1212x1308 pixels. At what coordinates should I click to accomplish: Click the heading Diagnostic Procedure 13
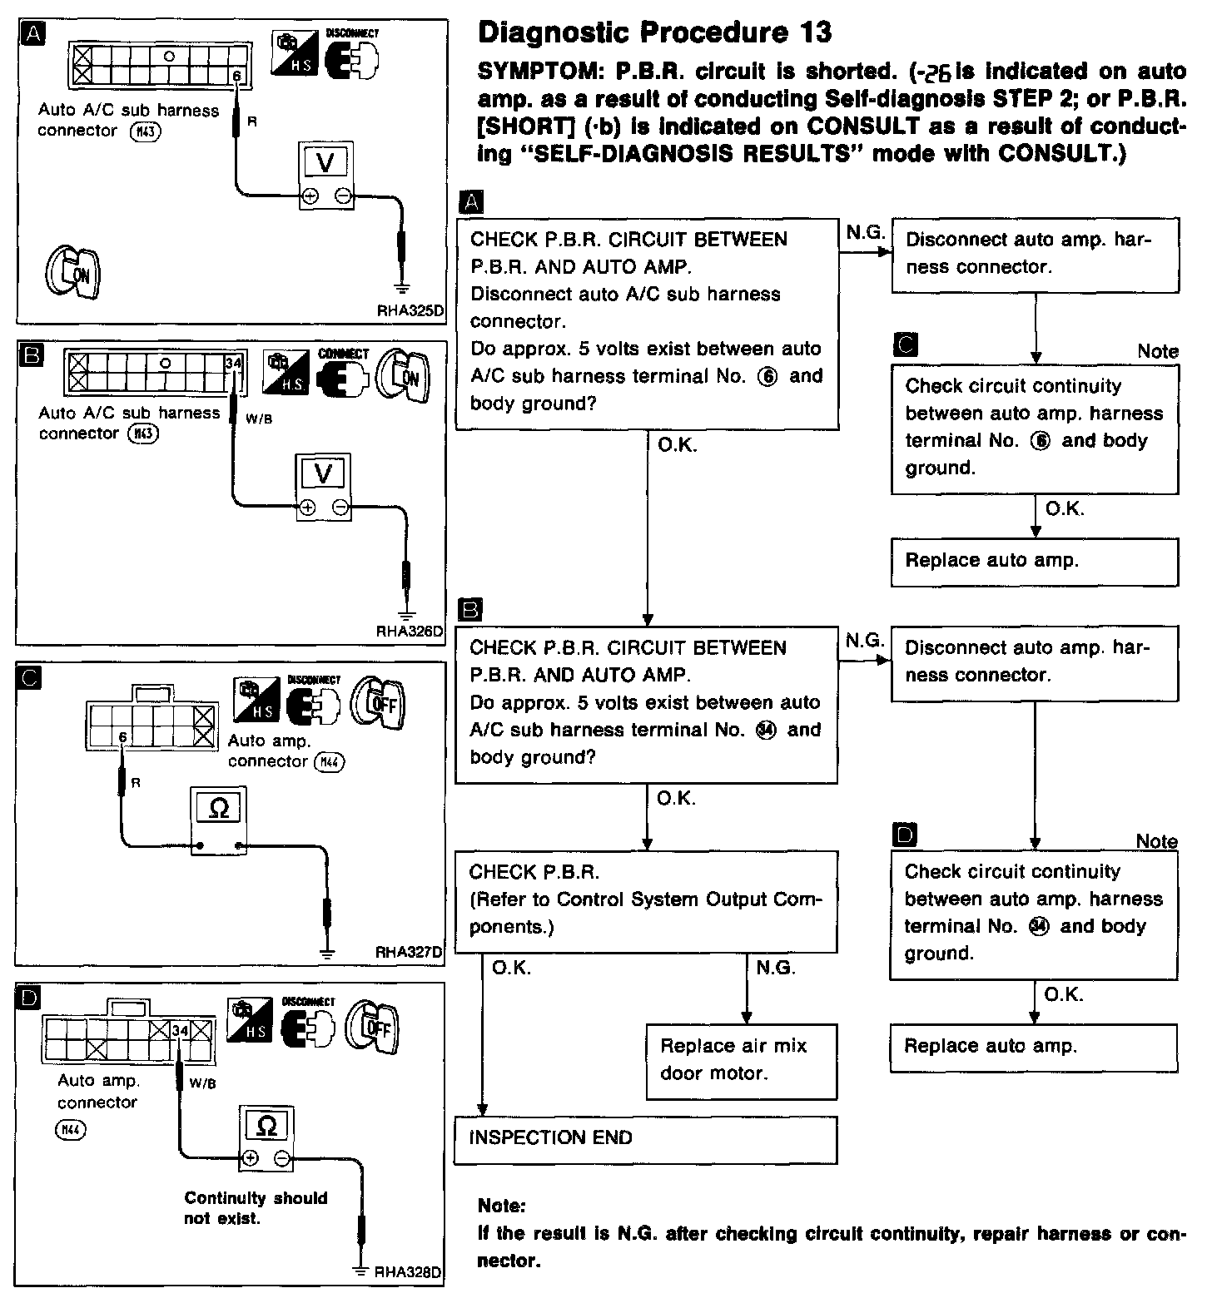[654, 33]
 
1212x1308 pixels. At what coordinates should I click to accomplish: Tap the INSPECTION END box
[645, 1139]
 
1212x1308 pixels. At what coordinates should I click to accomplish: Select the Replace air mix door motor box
[740, 1060]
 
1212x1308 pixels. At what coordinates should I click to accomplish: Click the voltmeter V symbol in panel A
[325, 163]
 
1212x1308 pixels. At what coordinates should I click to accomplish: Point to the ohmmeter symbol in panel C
[219, 809]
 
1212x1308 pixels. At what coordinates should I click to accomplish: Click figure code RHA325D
[410, 312]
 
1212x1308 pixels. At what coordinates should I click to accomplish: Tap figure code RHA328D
[408, 1272]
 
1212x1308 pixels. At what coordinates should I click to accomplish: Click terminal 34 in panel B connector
[233, 364]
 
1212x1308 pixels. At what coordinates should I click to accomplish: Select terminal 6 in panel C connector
[122, 737]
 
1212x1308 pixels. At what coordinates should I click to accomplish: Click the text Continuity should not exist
[256, 1207]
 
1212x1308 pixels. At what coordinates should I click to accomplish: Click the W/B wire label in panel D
[202, 1083]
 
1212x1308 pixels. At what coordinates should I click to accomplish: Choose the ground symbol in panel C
[327, 952]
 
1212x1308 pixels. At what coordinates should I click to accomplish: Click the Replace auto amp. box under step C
[1035, 561]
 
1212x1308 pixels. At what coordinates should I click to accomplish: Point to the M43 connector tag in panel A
[146, 131]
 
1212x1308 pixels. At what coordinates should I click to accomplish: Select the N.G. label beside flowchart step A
[865, 232]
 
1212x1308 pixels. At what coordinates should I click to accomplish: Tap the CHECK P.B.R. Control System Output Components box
[645, 901]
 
